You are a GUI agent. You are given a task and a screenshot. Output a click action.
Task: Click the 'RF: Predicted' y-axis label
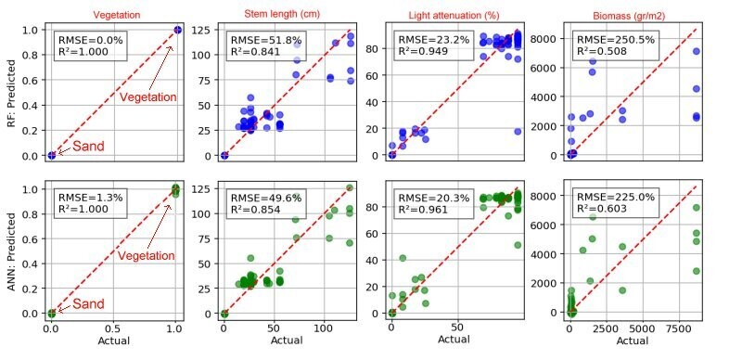coord(10,92)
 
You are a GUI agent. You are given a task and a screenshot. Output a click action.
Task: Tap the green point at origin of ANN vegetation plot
coord(51,313)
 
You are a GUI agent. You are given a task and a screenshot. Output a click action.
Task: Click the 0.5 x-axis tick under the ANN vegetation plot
coord(113,328)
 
